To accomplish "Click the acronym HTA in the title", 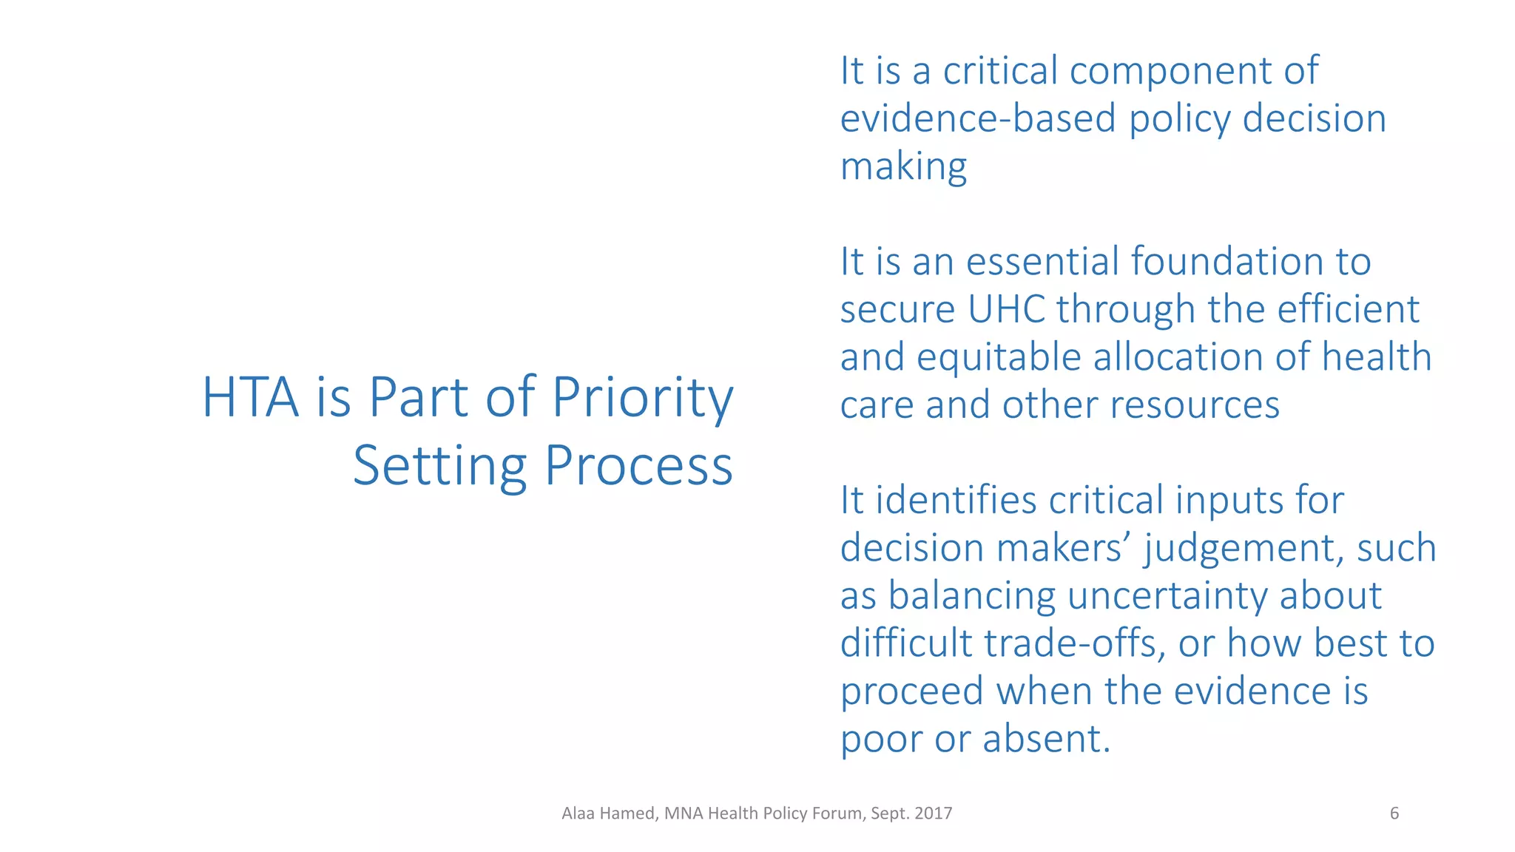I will [x=250, y=398].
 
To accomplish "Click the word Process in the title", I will [x=639, y=466].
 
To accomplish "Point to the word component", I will [x=1170, y=72].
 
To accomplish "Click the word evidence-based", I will [x=977, y=119].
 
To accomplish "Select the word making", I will [x=903, y=167].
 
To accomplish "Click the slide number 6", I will [x=1394, y=814].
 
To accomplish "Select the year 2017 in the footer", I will [x=933, y=814].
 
